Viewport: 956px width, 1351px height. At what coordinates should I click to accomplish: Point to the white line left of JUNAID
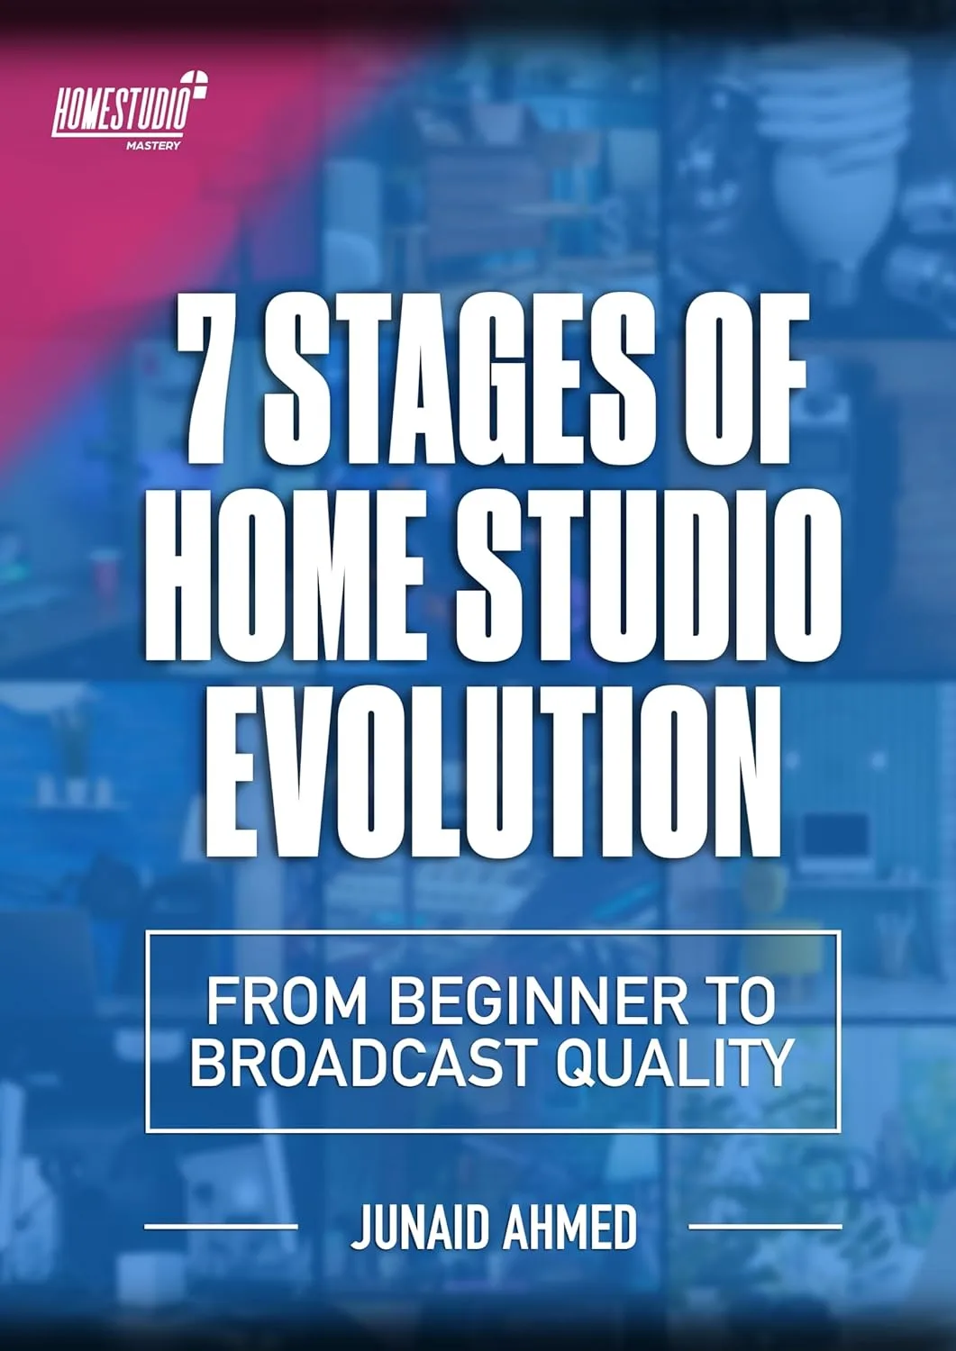pos(221,1226)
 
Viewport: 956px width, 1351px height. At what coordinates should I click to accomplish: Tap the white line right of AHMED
pos(765,1226)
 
